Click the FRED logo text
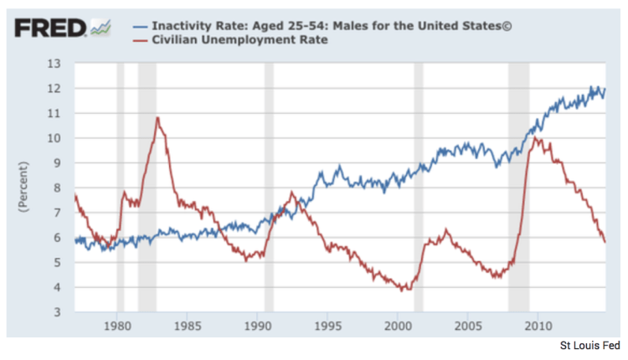tap(49, 28)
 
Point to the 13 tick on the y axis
tap(54, 64)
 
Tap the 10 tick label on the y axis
tap(54, 138)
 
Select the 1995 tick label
tap(327, 324)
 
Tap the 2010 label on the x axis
tap(538, 324)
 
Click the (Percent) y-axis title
tap(23, 188)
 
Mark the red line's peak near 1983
tap(157, 118)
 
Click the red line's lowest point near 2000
tap(403, 290)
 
